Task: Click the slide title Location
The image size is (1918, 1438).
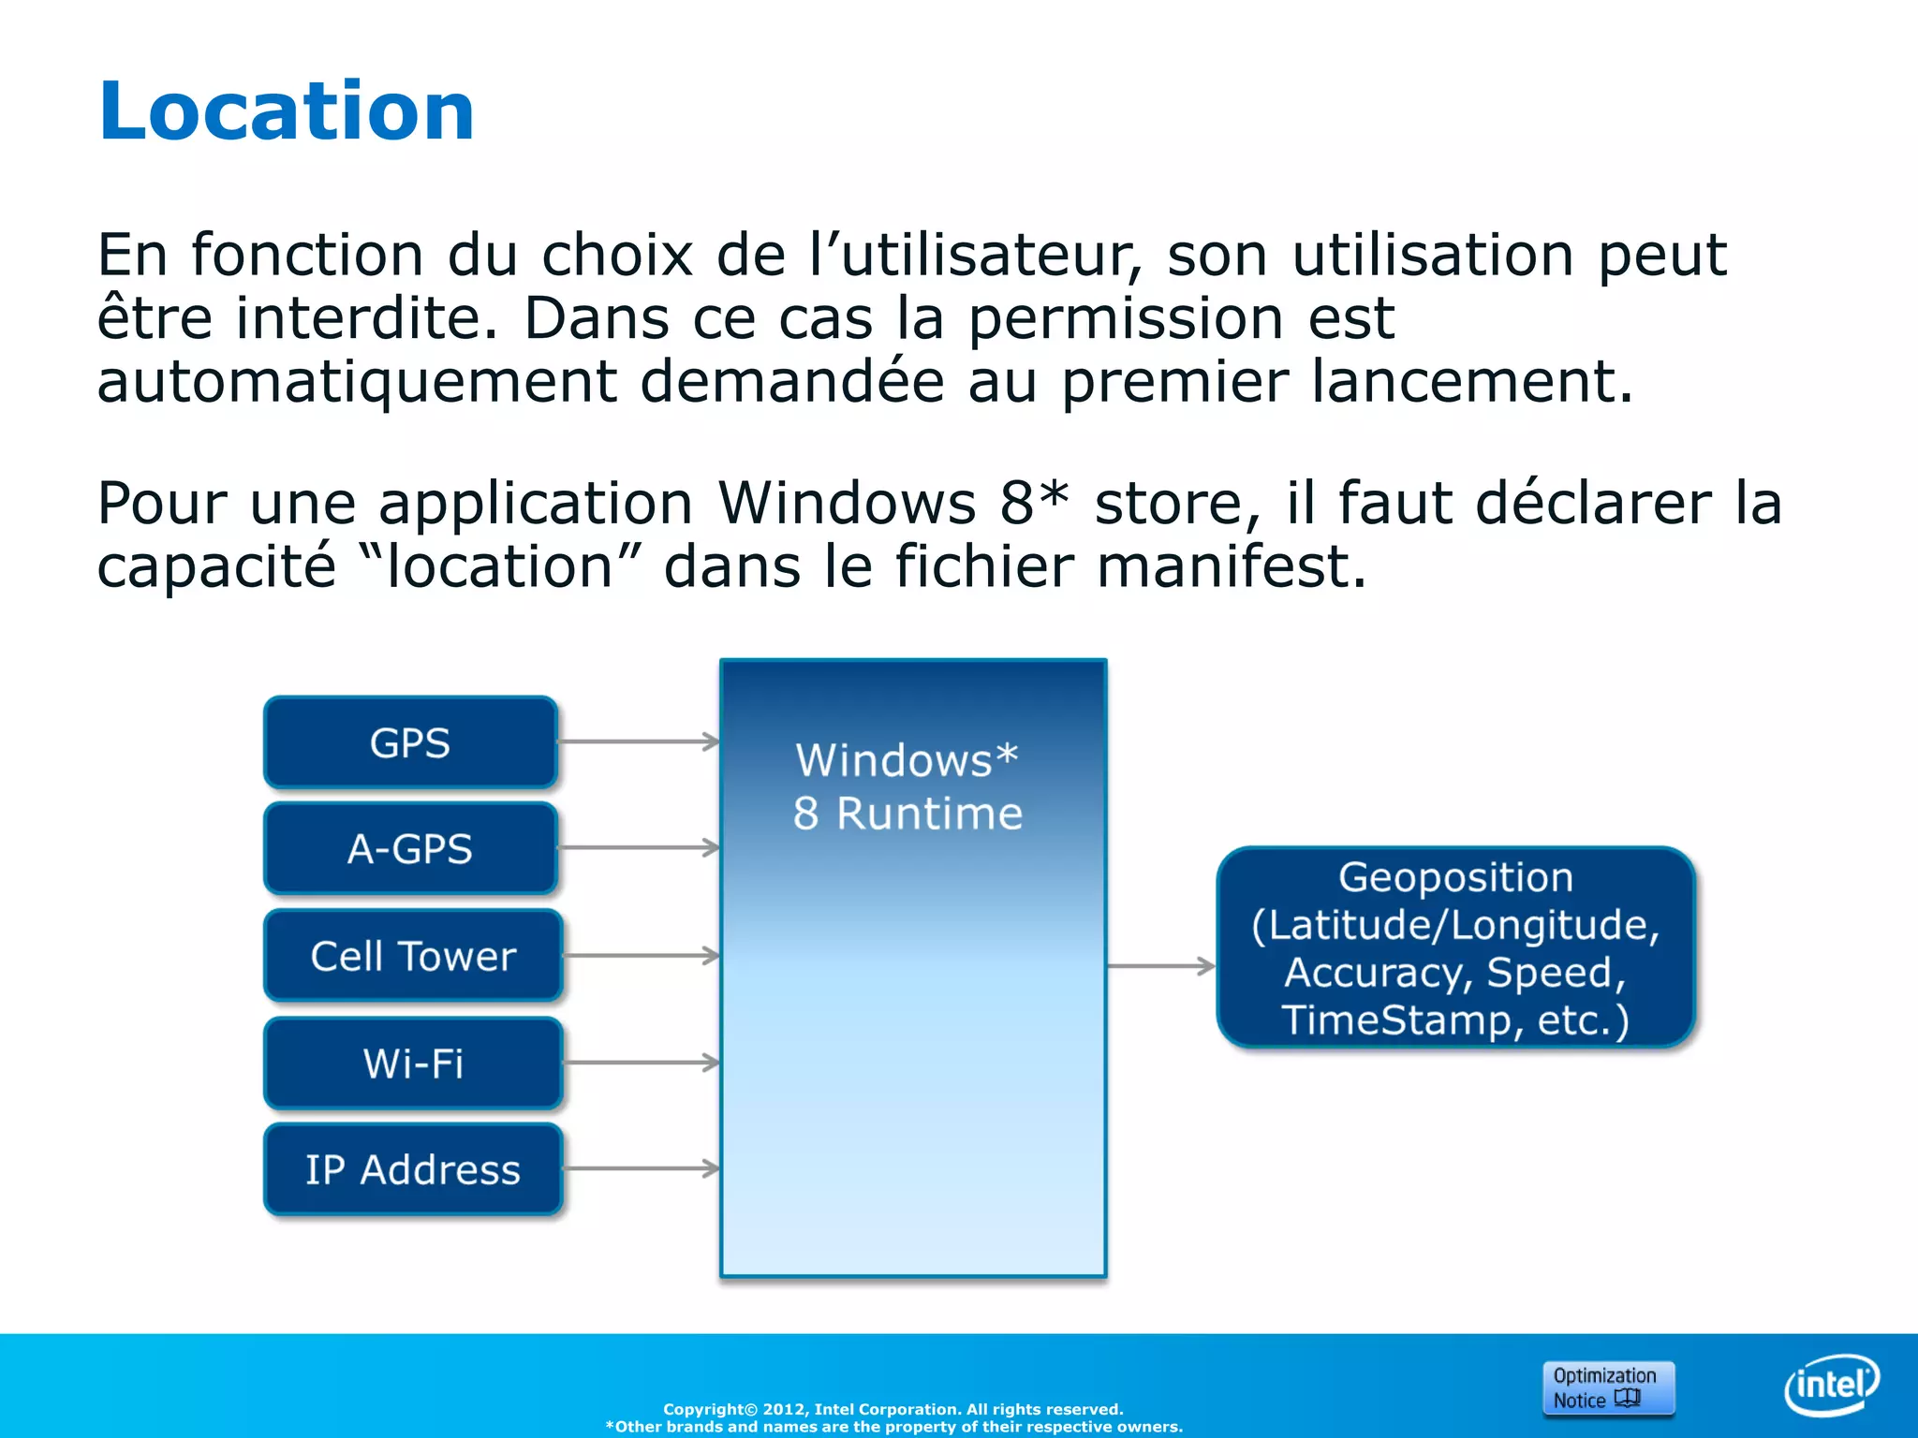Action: (x=287, y=111)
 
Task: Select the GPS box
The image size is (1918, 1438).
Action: (x=410, y=742)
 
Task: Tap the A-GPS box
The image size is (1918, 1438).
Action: (x=410, y=848)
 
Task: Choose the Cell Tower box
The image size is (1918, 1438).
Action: (x=412, y=956)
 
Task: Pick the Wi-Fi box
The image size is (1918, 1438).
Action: (x=412, y=1063)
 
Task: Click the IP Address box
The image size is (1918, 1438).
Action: (x=412, y=1169)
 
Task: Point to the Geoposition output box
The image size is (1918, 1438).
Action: (x=1455, y=946)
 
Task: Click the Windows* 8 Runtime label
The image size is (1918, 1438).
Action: (x=907, y=786)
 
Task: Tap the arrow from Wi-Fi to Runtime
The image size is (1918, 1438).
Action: (x=641, y=1063)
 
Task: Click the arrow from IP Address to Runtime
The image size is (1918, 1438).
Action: (x=641, y=1168)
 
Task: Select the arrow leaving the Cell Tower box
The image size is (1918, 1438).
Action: (x=641, y=956)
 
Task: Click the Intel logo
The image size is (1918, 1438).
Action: (x=1831, y=1385)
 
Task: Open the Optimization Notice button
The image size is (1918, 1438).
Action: (x=1608, y=1387)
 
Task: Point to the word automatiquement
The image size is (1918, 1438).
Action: (x=356, y=382)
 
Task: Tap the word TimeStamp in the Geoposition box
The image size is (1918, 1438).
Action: (x=1395, y=1020)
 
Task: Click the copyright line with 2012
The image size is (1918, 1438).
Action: (x=893, y=1409)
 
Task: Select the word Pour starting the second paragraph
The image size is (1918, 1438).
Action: (x=161, y=504)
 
